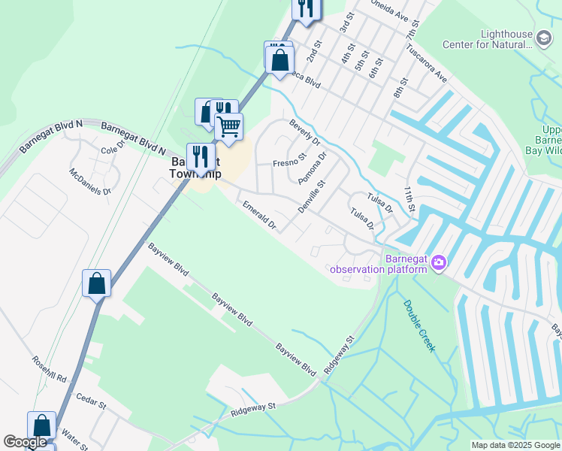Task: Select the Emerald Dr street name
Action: [259, 214]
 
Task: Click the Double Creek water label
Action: [419, 325]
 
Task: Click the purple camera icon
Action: [439, 262]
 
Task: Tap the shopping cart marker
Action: [228, 126]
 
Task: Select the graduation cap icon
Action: [543, 36]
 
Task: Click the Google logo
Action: [25, 442]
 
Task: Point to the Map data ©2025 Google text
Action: [515, 445]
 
